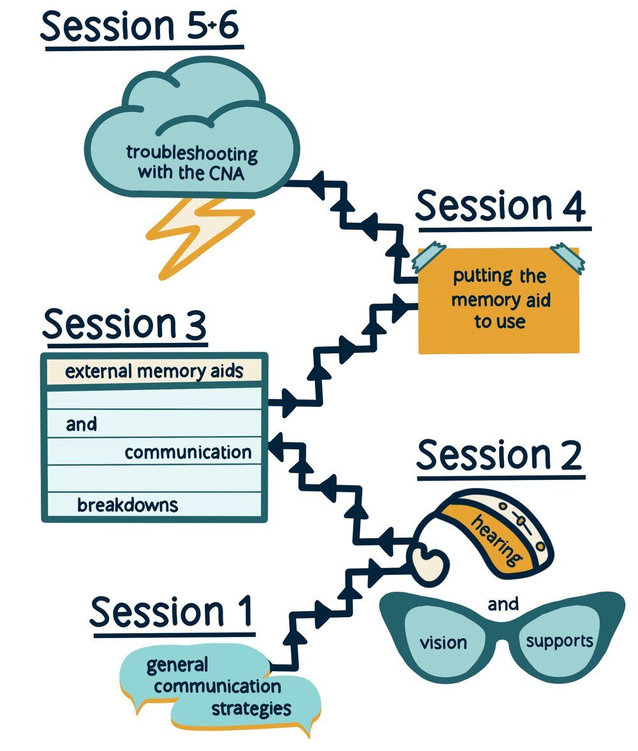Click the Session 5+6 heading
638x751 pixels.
coord(142,27)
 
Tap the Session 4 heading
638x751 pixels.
coord(500,205)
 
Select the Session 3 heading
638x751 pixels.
coord(124,324)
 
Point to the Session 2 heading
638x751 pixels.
coord(499,455)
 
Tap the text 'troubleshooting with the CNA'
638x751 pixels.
coord(191,163)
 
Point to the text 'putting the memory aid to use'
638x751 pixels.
coord(500,299)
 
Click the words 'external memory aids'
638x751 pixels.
coord(154,371)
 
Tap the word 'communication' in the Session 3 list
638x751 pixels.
coord(188,452)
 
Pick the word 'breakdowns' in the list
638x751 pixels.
coord(127,506)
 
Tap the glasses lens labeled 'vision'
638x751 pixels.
coord(443,641)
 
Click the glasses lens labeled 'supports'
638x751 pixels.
coord(559,640)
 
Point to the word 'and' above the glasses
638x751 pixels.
coord(503,603)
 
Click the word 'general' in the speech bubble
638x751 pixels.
coord(177,665)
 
